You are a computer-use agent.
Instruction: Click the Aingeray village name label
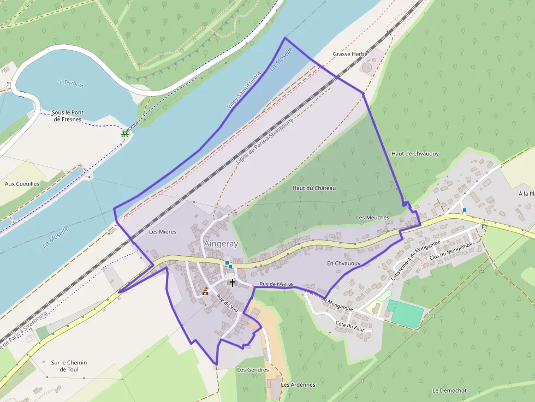click(x=221, y=244)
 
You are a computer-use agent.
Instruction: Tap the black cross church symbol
click(x=233, y=283)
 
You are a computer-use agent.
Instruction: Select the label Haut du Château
click(x=314, y=188)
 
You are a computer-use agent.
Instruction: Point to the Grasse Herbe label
click(x=350, y=55)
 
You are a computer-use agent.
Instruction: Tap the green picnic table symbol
click(x=125, y=133)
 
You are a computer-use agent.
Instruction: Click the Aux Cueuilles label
click(x=22, y=184)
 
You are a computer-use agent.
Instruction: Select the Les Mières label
click(x=163, y=232)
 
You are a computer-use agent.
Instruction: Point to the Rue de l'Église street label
click(x=276, y=284)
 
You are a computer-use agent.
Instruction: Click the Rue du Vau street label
click(x=228, y=304)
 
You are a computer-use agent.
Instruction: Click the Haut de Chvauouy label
click(x=415, y=154)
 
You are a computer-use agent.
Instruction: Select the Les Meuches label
click(x=372, y=218)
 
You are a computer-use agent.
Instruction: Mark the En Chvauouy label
click(x=344, y=263)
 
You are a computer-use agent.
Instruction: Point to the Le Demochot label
click(x=449, y=391)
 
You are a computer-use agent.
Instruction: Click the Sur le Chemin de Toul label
click(x=69, y=366)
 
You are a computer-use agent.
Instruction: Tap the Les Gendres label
click(x=253, y=370)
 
